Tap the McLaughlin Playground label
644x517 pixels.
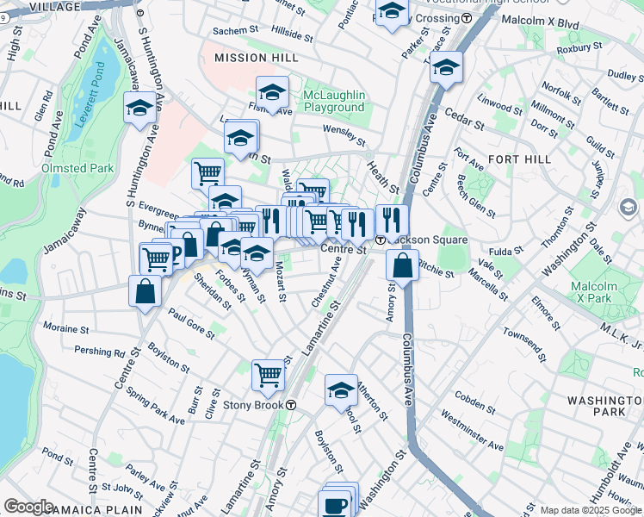(x=333, y=101)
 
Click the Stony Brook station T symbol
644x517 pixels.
(x=291, y=405)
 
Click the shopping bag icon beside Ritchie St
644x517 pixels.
(x=402, y=266)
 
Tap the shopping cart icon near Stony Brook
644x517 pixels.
(x=269, y=375)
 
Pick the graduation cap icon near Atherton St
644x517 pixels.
(x=341, y=389)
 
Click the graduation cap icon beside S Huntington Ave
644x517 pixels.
(x=139, y=109)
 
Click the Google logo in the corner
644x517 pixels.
(x=28, y=507)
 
